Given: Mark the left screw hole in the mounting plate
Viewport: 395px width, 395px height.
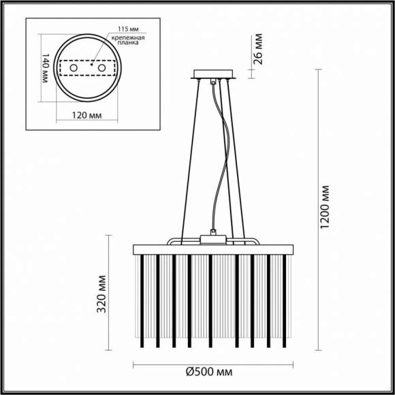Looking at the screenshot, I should click(71, 69).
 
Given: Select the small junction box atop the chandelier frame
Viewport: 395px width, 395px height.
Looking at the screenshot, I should click(214, 238).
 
